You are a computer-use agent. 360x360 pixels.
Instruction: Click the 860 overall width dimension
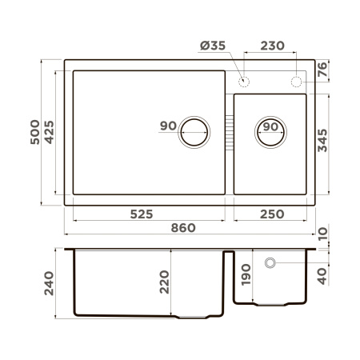tap(183, 228)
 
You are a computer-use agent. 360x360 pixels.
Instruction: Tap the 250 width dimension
tap(270, 214)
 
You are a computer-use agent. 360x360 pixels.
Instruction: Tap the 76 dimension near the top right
tap(322, 70)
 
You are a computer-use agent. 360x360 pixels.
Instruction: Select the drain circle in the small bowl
tap(270, 130)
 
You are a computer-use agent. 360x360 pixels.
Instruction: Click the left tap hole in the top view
tap(244, 81)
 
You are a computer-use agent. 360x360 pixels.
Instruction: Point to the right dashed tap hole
tap(296, 81)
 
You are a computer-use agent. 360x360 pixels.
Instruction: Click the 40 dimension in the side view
tap(322, 276)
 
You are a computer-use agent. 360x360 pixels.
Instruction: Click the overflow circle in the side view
tap(270, 262)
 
